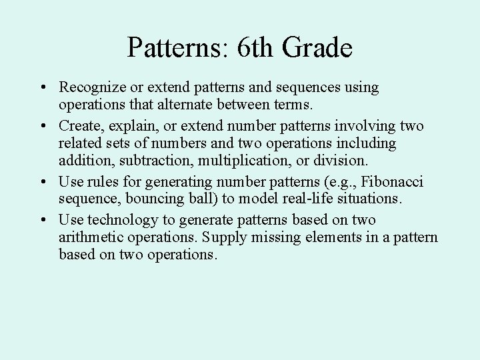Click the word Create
pos(77,125)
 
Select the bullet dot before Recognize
pos(42,88)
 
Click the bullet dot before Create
pos(42,125)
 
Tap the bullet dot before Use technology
pos(42,219)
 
